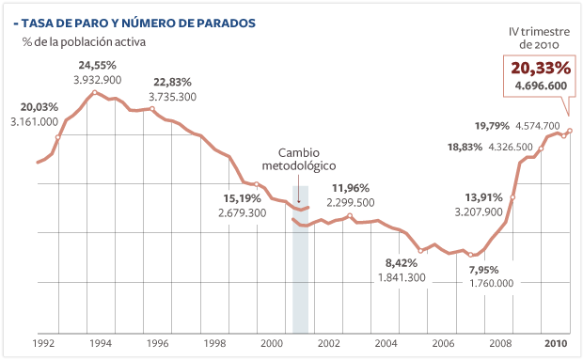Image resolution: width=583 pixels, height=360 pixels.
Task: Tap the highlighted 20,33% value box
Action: [541, 68]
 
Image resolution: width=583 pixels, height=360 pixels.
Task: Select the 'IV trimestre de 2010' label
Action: [535, 38]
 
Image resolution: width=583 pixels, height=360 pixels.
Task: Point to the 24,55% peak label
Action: [97, 65]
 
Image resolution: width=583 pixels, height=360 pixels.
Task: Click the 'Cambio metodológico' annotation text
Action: [299, 159]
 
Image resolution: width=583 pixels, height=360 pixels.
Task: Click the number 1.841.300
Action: [402, 277]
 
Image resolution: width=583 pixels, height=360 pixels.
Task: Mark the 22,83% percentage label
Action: [172, 82]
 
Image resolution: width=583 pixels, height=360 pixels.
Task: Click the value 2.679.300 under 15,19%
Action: [242, 213]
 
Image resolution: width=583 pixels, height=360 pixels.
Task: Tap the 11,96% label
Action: [351, 188]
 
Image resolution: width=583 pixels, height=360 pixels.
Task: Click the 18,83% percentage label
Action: [465, 148]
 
